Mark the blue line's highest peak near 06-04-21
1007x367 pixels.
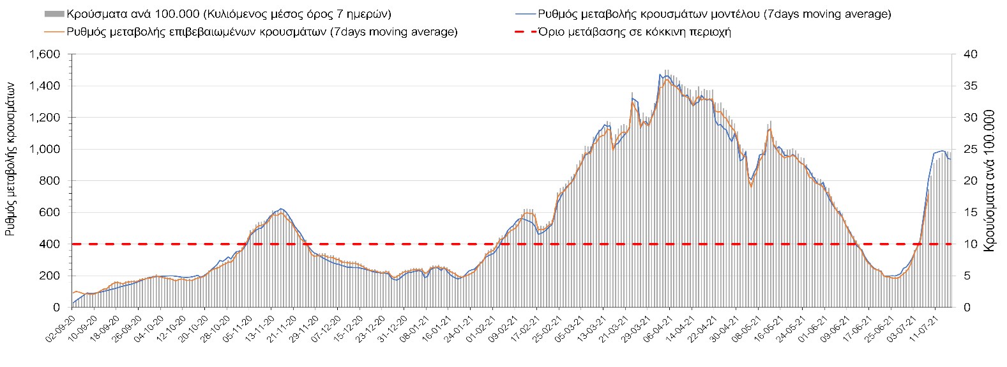pos(660,74)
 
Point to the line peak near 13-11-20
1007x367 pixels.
pos(281,208)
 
